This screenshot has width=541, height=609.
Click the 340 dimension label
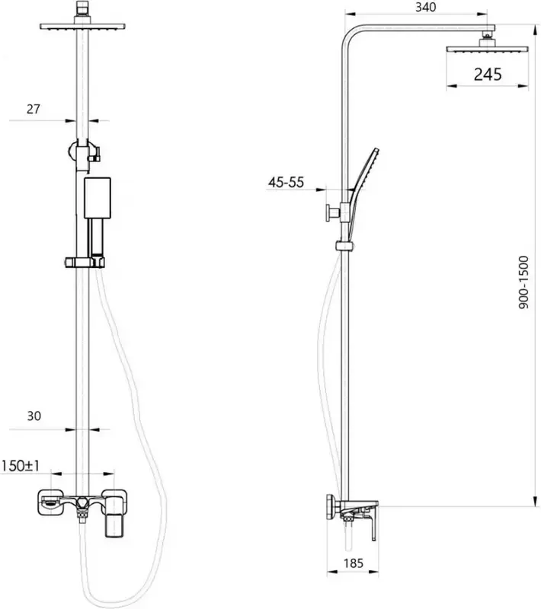[x=426, y=7]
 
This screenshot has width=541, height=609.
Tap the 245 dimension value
[x=488, y=74]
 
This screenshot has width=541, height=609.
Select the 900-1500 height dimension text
[x=524, y=282]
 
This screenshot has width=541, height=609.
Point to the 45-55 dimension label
[x=286, y=182]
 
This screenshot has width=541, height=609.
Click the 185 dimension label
[x=354, y=563]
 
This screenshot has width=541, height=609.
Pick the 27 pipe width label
[x=33, y=109]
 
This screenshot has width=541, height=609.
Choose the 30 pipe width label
[x=34, y=416]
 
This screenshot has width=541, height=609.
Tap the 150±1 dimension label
[x=21, y=466]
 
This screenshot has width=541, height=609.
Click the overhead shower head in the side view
[x=488, y=49]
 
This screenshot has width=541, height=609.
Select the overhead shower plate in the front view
[x=82, y=27]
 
